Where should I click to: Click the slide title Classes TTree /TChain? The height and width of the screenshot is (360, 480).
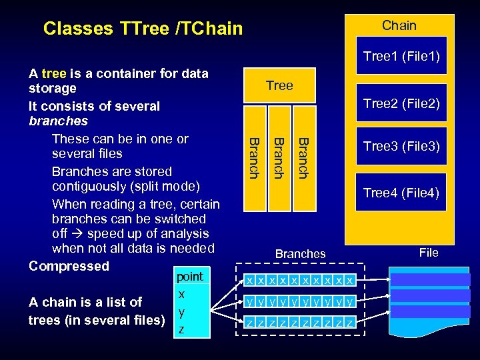click(143, 28)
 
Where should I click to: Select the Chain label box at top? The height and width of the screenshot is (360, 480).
click(399, 25)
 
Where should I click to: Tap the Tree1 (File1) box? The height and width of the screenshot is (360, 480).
click(401, 57)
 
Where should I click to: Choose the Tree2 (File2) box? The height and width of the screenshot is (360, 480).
click(401, 103)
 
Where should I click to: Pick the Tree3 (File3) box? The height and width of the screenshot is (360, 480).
click(401, 146)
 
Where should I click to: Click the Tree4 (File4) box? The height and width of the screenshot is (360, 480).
click(401, 193)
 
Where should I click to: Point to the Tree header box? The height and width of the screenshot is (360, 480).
click(279, 85)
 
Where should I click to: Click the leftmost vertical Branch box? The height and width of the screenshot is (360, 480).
click(254, 157)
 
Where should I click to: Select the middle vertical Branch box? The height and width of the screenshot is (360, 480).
click(279, 157)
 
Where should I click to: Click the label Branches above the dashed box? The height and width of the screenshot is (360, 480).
click(301, 253)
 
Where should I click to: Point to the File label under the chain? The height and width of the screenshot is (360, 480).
click(429, 252)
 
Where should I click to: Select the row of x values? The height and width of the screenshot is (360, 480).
click(299, 280)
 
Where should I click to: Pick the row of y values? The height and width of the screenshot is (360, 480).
click(299, 301)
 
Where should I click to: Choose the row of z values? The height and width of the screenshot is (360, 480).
click(299, 323)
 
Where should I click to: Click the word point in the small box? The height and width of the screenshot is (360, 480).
click(189, 276)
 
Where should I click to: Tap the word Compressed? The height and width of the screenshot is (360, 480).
click(69, 265)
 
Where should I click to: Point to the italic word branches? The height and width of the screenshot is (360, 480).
click(59, 121)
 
